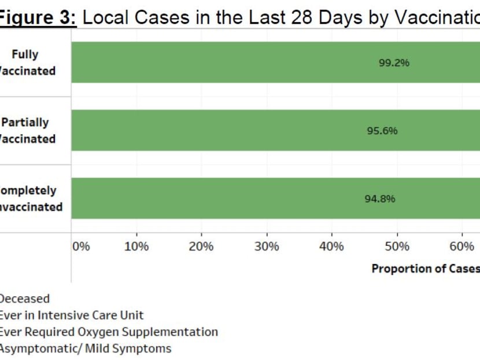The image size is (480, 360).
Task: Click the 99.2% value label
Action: coord(394,63)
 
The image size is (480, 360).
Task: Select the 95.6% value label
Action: coord(382,131)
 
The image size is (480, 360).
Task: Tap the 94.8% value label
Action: coord(380,199)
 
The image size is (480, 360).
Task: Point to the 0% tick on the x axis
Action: coord(82,247)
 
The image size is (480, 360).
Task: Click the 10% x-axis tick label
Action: coord(136,247)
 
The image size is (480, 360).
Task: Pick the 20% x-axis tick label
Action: coord(201,247)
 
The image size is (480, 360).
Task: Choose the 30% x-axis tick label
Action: coord(267,247)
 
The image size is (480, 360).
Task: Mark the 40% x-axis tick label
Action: coord(331,247)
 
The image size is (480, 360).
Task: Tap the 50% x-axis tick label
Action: coord(397,247)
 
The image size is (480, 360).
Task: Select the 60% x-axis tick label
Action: coord(461,247)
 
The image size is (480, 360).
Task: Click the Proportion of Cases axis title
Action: coord(426,269)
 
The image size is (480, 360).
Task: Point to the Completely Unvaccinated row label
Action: coord(30,199)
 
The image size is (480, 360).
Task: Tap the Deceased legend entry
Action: coord(24,299)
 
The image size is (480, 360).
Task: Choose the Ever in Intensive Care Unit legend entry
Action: coord(71,315)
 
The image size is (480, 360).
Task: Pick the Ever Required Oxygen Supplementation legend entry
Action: coord(108,332)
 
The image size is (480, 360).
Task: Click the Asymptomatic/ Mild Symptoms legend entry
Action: coord(84,348)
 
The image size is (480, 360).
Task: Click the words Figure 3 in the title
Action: coord(38,17)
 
